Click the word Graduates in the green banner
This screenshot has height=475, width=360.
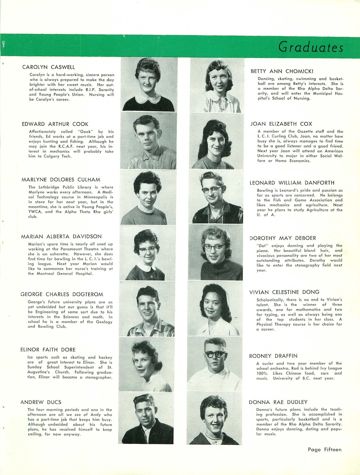(311, 47)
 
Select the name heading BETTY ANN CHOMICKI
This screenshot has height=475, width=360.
(281, 71)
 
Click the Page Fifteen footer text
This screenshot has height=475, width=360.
(324, 450)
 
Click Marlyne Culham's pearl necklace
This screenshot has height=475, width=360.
(146, 209)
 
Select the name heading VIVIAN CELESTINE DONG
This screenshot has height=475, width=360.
(284, 292)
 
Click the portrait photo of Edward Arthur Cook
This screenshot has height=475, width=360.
(148, 141)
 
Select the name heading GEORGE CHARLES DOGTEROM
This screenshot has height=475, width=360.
(62, 294)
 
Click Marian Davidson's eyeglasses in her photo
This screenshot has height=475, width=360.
(147, 250)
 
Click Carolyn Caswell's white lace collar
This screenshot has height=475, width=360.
(148, 98)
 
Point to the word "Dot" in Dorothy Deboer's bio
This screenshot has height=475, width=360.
(262, 246)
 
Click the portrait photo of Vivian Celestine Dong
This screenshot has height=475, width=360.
(215, 310)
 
